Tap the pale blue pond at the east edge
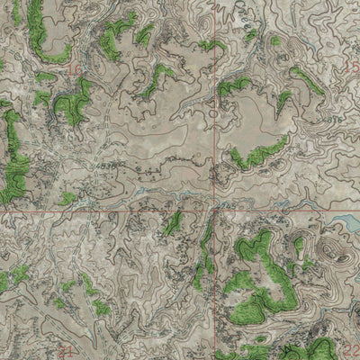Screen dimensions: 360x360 pyautogui.click(x=345, y=222)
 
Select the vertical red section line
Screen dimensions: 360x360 pyautogui.click(x=214, y=108)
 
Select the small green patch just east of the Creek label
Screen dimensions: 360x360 pyautogui.click(x=275, y=40)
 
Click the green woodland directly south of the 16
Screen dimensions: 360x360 pyautogui.click(x=72, y=103)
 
